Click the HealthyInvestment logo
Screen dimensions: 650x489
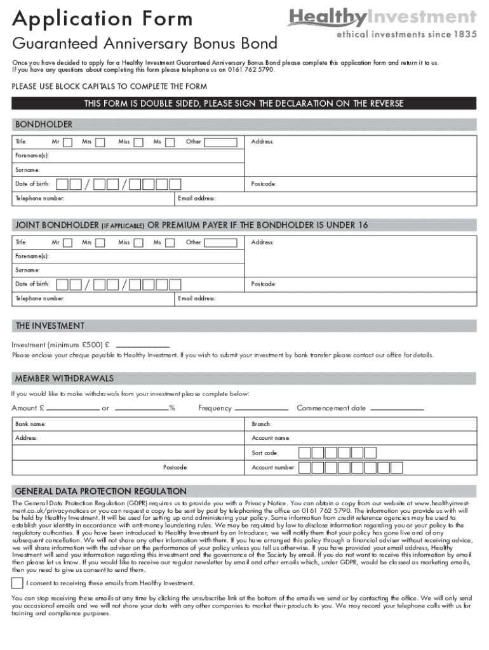tap(381, 18)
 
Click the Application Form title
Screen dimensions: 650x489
tap(102, 19)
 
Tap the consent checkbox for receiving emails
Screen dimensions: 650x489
tap(17, 583)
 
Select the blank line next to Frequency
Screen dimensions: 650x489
tap(261, 408)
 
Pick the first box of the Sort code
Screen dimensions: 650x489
tap(305, 453)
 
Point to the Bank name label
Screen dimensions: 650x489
tap(30, 423)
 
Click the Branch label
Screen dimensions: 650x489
tap(261, 423)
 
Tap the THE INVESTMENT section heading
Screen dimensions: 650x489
tap(50, 326)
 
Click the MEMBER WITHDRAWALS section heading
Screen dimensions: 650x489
tap(64, 379)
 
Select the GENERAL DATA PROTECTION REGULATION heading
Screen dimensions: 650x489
tap(100, 491)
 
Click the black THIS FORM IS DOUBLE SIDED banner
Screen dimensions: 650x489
tap(244, 103)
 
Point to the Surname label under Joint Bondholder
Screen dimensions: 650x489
tap(27, 269)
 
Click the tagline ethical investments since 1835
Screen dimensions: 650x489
tap(406, 36)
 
